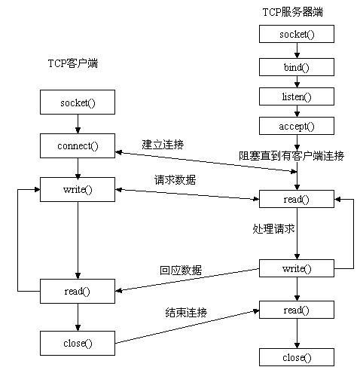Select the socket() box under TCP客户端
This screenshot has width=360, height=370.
click(78, 101)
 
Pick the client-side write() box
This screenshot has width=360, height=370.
click(78, 188)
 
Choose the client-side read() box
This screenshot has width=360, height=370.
click(78, 291)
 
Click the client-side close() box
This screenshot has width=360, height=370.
click(78, 343)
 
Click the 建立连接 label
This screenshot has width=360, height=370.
click(163, 143)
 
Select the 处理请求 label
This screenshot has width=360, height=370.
click(273, 227)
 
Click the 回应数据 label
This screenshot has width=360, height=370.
click(181, 270)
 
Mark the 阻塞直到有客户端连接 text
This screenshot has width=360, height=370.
click(292, 156)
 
